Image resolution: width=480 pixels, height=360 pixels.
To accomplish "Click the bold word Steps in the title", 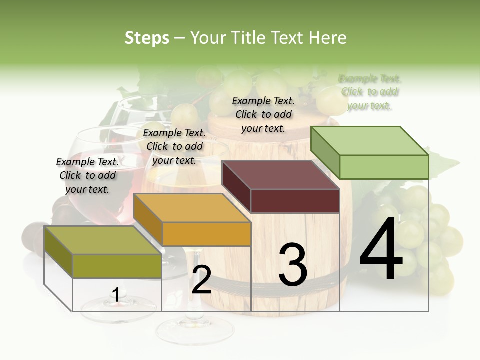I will pyautogui.click(x=147, y=38).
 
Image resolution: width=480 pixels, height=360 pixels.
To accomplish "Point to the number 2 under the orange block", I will pyautogui.click(x=202, y=280).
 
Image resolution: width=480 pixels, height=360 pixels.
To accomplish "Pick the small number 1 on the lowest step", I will pyautogui.click(x=115, y=295).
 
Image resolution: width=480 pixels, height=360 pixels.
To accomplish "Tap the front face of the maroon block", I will pyautogui.click(x=295, y=201).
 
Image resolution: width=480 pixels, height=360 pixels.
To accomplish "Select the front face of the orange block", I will pyautogui.click(x=206, y=234).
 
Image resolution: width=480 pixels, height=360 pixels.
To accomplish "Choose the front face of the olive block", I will pyautogui.click(x=117, y=266).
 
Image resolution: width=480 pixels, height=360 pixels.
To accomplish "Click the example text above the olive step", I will pyautogui.click(x=88, y=175).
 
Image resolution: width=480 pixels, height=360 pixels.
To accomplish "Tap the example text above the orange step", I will pyautogui.click(x=174, y=146).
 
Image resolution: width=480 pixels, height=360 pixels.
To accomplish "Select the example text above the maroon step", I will pyautogui.click(x=263, y=114).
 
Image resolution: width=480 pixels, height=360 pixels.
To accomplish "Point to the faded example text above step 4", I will pyautogui.click(x=370, y=92).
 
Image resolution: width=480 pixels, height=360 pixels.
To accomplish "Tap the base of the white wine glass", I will pyautogui.click(x=195, y=331).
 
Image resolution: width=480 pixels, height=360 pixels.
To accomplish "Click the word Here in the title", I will pyautogui.click(x=328, y=38).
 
